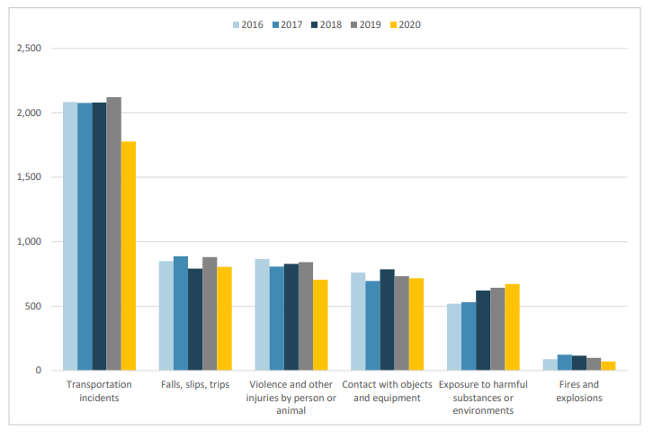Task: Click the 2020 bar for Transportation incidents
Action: [129, 256]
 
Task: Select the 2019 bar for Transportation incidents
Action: [113, 234]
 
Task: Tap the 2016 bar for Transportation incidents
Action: [69, 237]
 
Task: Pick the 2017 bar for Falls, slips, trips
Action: [181, 314]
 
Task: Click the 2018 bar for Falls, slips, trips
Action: [195, 319]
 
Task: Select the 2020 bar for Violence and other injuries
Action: [320, 325]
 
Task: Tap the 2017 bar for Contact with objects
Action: [372, 326]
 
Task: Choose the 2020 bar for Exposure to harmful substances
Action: [512, 327]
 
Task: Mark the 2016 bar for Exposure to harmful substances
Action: [454, 337]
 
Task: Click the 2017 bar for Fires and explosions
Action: [564, 363]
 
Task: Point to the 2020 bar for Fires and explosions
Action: [608, 366]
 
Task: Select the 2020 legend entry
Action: [403, 24]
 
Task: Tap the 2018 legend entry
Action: [325, 24]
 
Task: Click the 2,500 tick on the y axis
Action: [30, 49]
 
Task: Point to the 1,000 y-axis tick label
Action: [30, 242]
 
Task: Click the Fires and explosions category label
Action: [579, 391]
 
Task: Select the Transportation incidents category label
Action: [99, 391]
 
